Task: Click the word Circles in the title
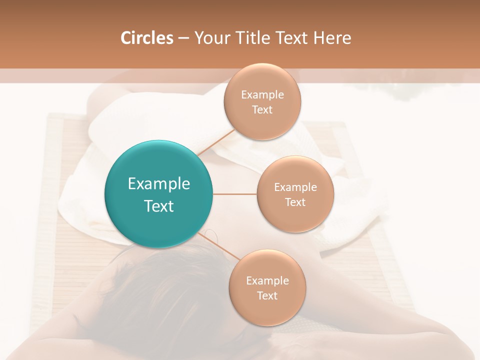146,38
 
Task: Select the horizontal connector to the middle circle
234,194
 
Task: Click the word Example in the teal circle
159,184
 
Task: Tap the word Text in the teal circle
159,206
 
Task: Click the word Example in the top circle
262,94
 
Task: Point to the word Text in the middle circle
295,202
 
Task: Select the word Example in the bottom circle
267,280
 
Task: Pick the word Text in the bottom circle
267,295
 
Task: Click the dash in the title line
183,38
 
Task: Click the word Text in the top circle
262,109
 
